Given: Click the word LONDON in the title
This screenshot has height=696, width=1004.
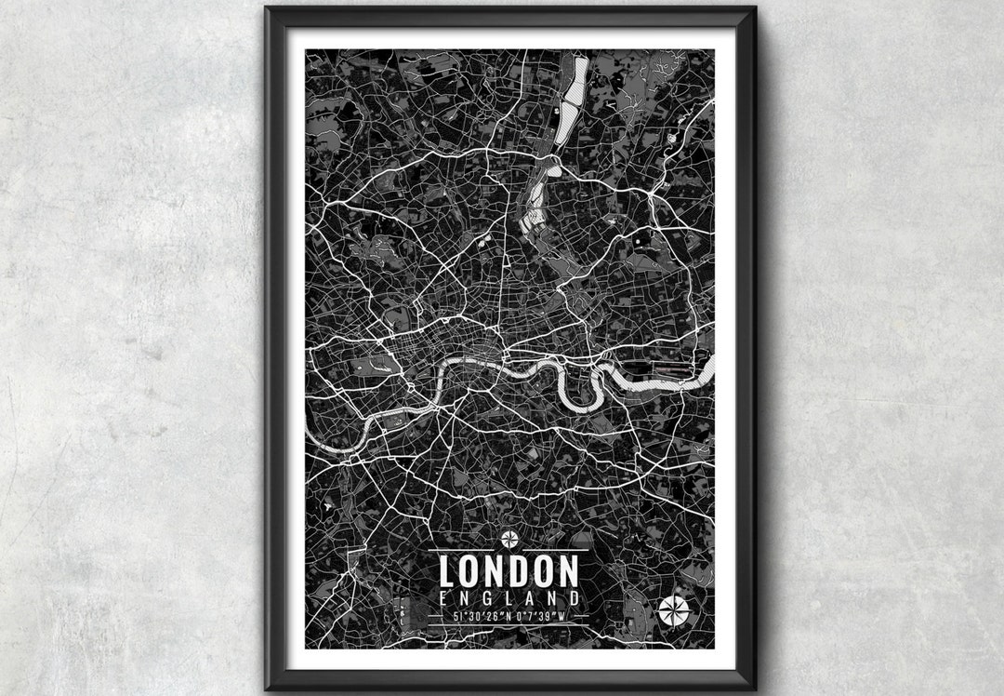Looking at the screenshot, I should click(x=509, y=570).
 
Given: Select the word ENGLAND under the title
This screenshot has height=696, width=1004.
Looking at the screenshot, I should click(x=509, y=596).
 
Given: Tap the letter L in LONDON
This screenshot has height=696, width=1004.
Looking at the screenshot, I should click(x=447, y=570).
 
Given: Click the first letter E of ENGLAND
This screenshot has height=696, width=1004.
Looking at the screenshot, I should click(x=441, y=596).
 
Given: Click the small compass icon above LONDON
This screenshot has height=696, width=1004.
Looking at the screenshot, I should click(x=509, y=537).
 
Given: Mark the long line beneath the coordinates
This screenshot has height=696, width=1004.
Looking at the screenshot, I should click(x=509, y=625).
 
